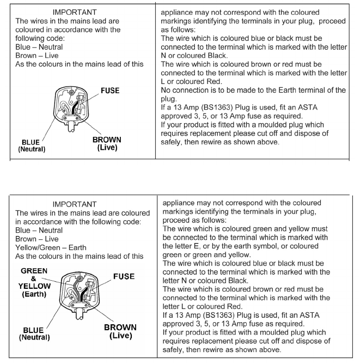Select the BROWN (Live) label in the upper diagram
(107, 144)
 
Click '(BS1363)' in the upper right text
(224, 108)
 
